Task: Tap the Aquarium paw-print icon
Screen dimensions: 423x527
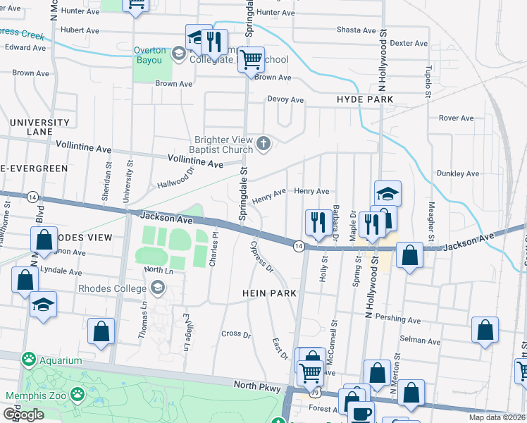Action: pos(29,360)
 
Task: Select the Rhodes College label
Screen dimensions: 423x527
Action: pos(114,288)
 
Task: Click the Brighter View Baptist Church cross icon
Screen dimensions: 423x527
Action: pos(263,145)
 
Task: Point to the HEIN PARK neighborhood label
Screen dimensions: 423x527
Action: pos(268,293)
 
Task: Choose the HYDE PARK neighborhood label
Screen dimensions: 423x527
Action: pos(365,100)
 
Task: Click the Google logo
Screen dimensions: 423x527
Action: pos(23,414)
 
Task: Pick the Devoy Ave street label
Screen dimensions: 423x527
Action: pos(285,100)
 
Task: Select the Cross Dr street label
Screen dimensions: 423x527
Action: pos(236,334)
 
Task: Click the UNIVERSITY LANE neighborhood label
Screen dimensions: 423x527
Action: pos(39,127)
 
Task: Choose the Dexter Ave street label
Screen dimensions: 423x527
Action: pos(409,43)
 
